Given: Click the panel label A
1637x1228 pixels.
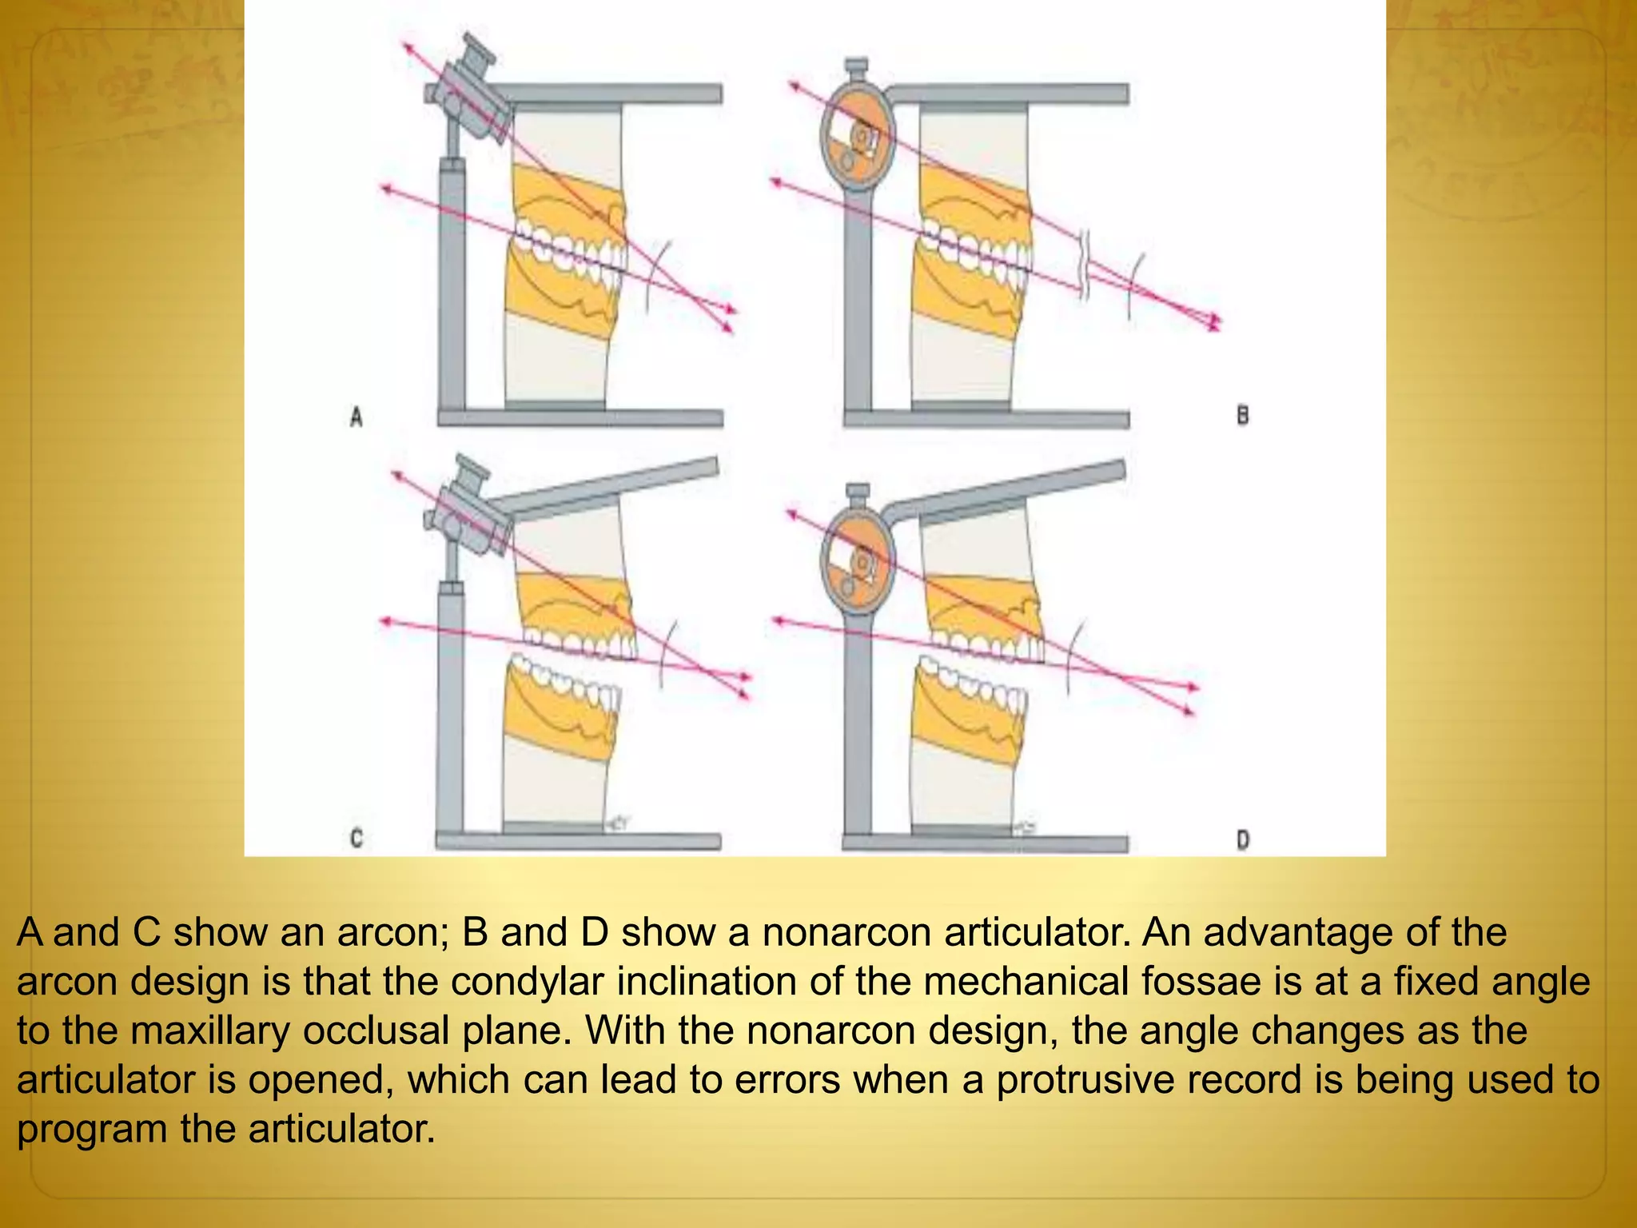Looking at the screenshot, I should coord(356,417).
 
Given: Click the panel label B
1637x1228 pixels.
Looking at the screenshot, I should coord(1242,415).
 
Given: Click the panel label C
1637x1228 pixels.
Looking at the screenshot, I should coord(356,838).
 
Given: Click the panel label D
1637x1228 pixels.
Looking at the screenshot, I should coord(1243,839).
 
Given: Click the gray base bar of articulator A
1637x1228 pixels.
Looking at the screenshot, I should coord(580,418).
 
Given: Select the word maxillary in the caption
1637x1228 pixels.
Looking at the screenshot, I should coord(210,1031).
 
